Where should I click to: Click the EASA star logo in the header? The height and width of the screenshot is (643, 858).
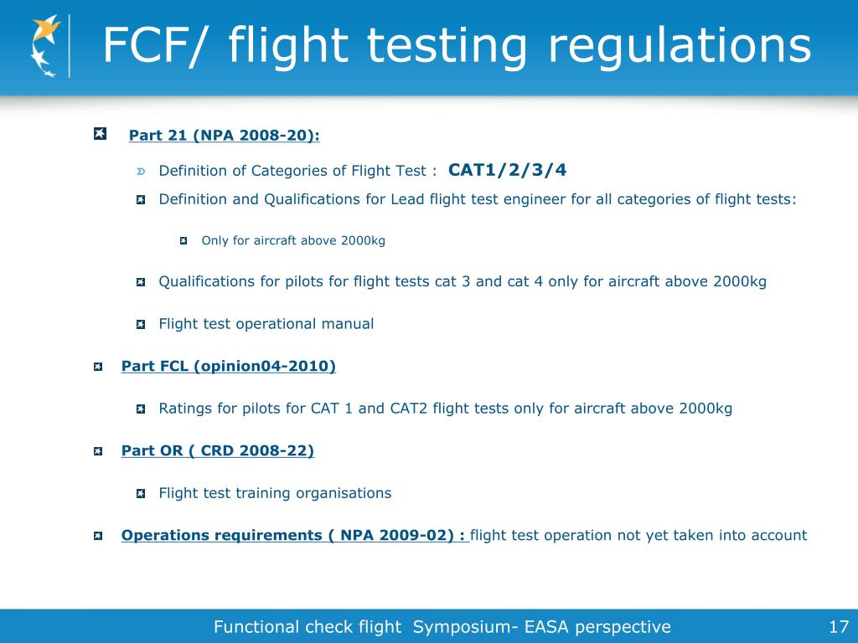(46, 46)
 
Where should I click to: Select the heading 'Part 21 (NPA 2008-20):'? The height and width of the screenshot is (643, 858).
(224, 136)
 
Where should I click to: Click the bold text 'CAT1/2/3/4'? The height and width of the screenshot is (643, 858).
(508, 170)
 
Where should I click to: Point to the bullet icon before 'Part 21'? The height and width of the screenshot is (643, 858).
(100, 134)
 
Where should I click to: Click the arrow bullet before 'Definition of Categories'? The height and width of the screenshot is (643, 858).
(141, 172)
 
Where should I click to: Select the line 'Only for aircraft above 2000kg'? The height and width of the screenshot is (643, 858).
(293, 240)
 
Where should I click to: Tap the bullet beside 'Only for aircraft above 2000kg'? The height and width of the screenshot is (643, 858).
(183, 241)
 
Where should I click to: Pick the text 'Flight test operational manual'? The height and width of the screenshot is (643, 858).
(266, 324)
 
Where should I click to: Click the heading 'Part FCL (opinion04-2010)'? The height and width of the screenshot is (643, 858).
(228, 366)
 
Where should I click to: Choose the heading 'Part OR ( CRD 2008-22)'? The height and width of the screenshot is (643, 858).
(217, 450)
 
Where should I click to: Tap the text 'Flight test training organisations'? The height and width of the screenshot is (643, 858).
(275, 493)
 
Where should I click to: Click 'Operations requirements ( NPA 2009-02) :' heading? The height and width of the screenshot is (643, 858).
(294, 535)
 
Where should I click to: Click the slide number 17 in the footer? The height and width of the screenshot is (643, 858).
(839, 626)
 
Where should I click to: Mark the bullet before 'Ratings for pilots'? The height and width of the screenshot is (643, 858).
(141, 409)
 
